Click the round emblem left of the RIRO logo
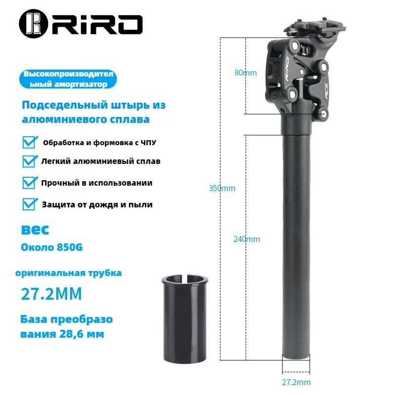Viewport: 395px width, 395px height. click(x=33, y=24)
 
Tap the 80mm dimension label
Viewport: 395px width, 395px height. click(x=245, y=73)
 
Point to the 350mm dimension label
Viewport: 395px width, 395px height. click(x=222, y=188)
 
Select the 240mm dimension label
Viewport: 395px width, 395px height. click(x=246, y=239)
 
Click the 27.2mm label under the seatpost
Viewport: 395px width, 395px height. click(x=296, y=382)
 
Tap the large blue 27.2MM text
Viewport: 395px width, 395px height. click(x=51, y=294)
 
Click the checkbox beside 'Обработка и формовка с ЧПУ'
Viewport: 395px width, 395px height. click(x=30, y=142)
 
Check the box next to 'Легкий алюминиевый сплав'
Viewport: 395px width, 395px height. click(x=30, y=161)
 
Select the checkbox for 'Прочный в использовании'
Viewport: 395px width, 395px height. click(x=30, y=183)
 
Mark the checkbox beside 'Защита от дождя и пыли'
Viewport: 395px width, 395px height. click(x=30, y=204)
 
